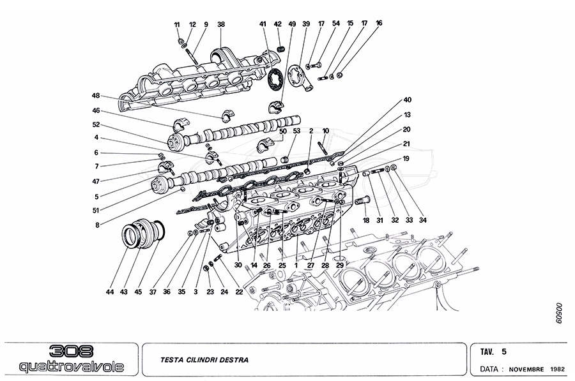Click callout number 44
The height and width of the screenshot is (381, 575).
coord(111,292)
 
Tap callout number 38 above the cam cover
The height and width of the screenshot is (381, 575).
coord(221,24)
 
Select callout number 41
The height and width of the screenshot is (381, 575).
coord(263,24)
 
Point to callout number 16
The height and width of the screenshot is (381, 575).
coord(379,23)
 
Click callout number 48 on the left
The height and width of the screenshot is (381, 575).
coord(96,96)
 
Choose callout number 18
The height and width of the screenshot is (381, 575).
coord(367,221)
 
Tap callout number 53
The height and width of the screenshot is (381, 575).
coord(296,131)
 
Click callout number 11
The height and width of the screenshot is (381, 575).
coord(177,24)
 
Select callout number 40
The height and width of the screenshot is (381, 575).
coord(407,100)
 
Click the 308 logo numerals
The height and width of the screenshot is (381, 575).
coord(70,351)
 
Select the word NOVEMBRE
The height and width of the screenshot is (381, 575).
coord(526,370)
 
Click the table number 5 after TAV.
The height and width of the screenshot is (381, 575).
coord(504,351)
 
